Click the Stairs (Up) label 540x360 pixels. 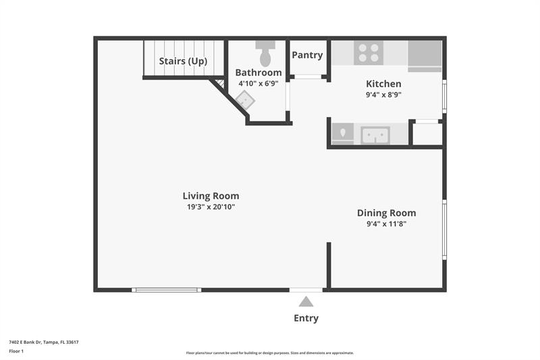[x=183, y=61]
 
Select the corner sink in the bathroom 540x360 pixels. [x=245, y=100]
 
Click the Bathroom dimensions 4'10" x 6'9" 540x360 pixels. [x=259, y=84]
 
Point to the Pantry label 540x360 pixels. [x=307, y=55]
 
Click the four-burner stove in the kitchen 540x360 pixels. [x=369, y=53]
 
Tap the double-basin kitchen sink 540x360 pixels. [x=375, y=135]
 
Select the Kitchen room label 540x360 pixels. [x=383, y=84]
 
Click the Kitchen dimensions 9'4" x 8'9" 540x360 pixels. [x=383, y=95]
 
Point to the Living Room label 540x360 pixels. [x=211, y=196]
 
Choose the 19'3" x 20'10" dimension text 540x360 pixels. [x=211, y=207]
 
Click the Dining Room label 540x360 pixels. [x=386, y=213]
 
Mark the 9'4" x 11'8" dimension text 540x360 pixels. [x=386, y=224]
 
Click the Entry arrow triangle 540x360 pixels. [x=306, y=302]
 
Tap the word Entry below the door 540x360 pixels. [x=306, y=318]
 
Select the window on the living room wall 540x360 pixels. [x=166, y=290]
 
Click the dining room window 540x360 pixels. [x=444, y=230]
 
